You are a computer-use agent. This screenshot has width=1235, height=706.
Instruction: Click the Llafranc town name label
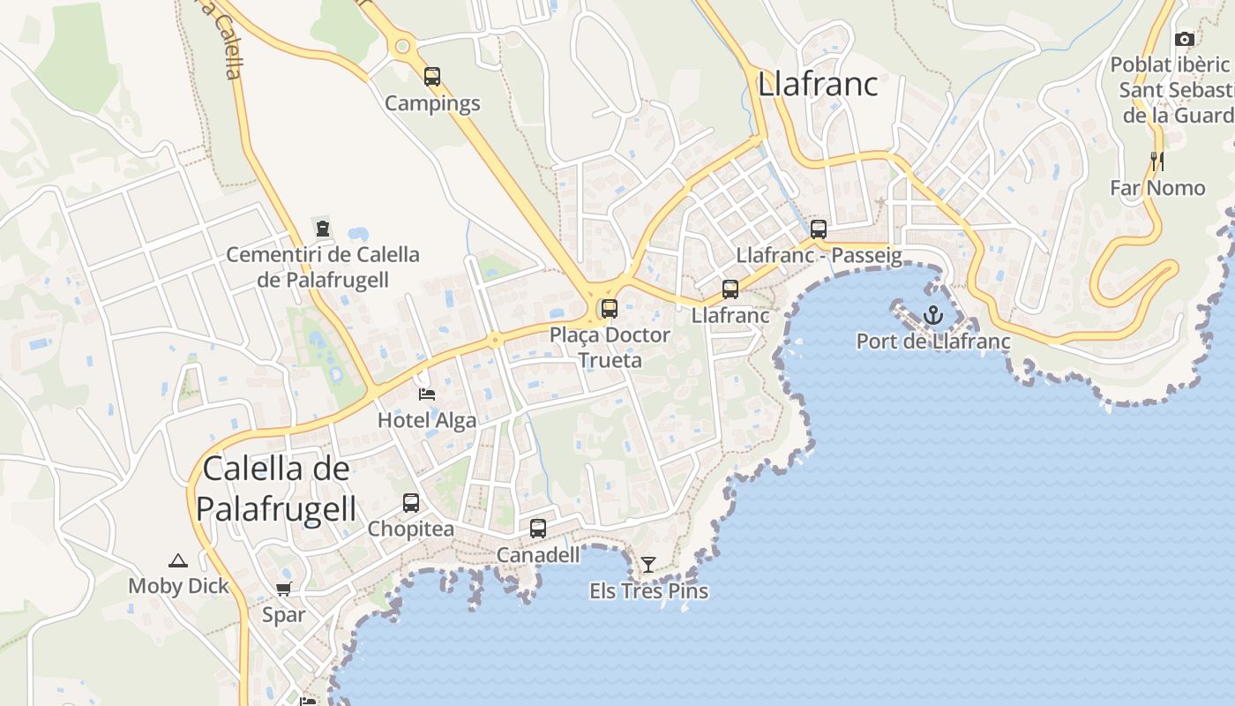(818, 84)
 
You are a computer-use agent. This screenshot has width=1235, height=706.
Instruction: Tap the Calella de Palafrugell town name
(276, 489)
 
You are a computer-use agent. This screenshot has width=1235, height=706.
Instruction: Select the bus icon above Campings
(431, 77)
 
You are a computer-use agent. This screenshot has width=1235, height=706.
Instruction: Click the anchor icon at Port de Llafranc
(932, 315)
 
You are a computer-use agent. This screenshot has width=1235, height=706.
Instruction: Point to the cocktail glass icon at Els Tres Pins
(648, 565)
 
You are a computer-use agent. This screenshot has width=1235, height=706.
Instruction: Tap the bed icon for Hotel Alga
(427, 394)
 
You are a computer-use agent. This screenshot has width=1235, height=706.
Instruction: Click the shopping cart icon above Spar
(283, 590)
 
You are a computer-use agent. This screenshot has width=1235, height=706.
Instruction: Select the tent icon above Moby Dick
(178, 560)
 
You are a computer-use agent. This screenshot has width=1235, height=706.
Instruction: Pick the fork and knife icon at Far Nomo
(1157, 161)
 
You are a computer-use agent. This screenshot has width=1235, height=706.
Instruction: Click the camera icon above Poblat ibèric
(1185, 40)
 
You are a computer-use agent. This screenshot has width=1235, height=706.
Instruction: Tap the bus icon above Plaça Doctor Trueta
(609, 309)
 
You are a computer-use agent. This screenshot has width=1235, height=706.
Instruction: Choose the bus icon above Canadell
(538, 529)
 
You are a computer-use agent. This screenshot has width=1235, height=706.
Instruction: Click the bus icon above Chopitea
(411, 503)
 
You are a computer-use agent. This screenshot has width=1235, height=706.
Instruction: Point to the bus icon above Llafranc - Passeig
(819, 229)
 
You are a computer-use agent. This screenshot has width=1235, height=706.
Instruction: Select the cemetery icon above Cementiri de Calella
(323, 229)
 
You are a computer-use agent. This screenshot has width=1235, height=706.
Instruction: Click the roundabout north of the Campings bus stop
(403, 46)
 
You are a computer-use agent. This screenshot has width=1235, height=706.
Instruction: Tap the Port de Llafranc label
(933, 341)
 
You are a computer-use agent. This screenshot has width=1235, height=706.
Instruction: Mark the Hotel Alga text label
(427, 420)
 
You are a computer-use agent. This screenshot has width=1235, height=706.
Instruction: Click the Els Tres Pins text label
(648, 590)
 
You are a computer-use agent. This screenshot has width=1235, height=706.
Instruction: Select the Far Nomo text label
(1156, 188)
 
